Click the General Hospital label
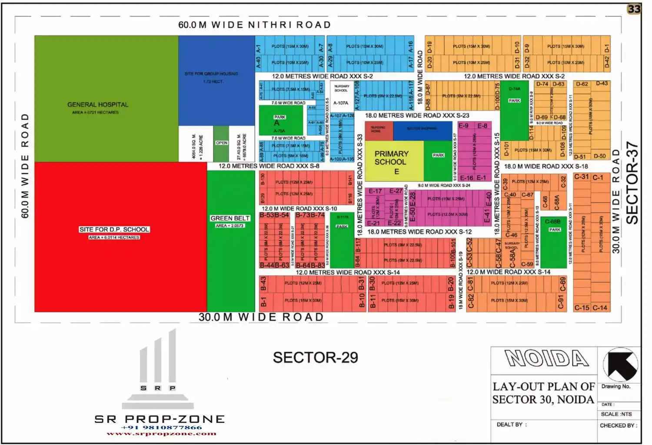[98, 105]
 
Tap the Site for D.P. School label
[114, 229]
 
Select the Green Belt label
[230, 218]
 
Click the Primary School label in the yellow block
[391, 158]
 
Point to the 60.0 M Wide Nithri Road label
[254, 25]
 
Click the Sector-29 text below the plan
[315, 358]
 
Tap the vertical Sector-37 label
[632, 183]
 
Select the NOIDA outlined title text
[546, 359]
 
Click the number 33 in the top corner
[634, 9]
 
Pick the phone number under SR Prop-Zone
[162, 427]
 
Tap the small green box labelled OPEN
[221, 143]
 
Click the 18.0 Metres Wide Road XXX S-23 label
[417, 116]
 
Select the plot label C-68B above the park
[552, 221]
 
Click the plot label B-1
[263, 301]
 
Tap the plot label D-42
[607, 62]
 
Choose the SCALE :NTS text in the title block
[616, 414]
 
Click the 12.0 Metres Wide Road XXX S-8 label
[269, 166]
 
